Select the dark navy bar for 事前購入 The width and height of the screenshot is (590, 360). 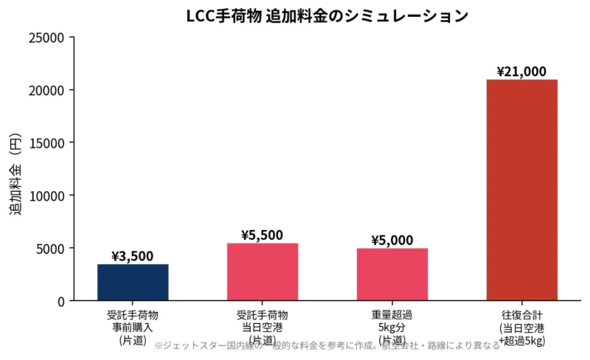[x=133, y=282]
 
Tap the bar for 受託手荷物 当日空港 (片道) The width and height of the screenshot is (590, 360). [x=263, y=271]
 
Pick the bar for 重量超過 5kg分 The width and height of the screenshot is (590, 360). [x=392, y=274]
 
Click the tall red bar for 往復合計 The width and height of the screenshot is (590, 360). [x=522, y=190]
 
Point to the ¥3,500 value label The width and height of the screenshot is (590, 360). [x=133, y=256]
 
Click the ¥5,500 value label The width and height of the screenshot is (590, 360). [x=263, y=235]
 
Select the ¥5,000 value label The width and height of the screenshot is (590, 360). [x=392, y=240]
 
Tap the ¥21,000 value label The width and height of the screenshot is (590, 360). [x=521, y=72]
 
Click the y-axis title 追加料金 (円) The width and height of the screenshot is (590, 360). [x=16, y=169]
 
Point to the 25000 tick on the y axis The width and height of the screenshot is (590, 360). [x=48, y=38]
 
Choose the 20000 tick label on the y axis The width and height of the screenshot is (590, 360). [x=48, y=90]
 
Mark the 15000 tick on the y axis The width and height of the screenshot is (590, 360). [x=48, y=143]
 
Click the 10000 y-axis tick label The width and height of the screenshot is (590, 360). [x=48, y=195]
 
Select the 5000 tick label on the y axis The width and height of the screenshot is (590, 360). [x=51, y=249]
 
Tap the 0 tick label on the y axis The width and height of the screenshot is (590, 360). [x=61, y=301]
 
